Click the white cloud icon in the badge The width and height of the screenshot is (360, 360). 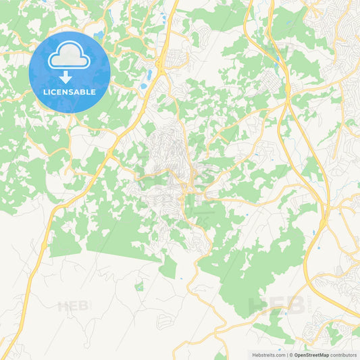[70, 55]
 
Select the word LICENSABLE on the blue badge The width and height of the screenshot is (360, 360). [70, 92]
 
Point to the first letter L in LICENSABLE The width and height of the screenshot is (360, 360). [45, 92]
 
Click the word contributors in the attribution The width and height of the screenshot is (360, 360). [344, 355]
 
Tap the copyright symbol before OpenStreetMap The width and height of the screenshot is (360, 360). [290, 355]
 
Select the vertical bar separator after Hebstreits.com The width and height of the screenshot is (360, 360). [286, 355]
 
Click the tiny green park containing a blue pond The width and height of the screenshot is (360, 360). [139, 287]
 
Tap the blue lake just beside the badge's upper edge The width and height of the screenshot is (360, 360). [100, 34]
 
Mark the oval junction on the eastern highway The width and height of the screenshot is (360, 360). [287, 88]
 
